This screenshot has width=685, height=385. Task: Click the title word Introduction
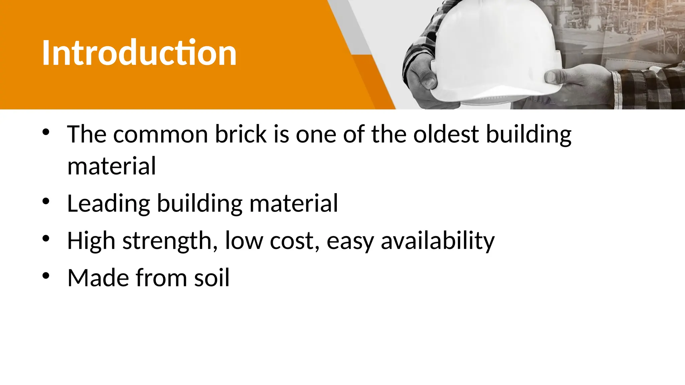coord(139,53)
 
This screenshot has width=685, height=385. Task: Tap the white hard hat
coord(495,50)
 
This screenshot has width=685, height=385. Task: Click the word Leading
coord(108,204)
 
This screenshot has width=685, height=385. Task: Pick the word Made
coord(98,278)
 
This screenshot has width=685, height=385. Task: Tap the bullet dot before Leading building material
coord(46,201)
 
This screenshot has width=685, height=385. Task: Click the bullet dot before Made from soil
coord(46,276)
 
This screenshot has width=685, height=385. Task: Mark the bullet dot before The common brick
coord(46,132)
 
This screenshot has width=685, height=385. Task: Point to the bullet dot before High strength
coord(46,238)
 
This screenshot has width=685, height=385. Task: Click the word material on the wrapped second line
coord(111,166)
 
